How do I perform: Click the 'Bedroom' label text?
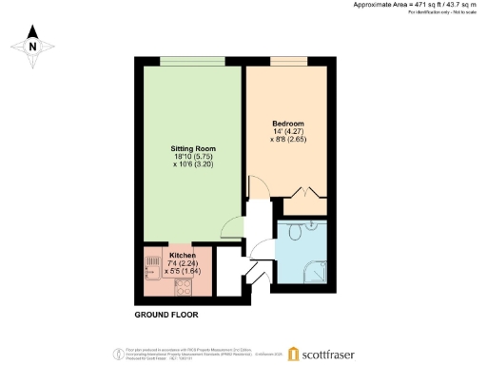click(287, 125)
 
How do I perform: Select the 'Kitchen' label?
click(183, 256)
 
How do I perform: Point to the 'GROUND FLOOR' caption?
click(161, 314)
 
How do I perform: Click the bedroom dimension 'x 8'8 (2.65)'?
click(288, 141)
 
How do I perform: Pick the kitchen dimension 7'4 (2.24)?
click(183, 263)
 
